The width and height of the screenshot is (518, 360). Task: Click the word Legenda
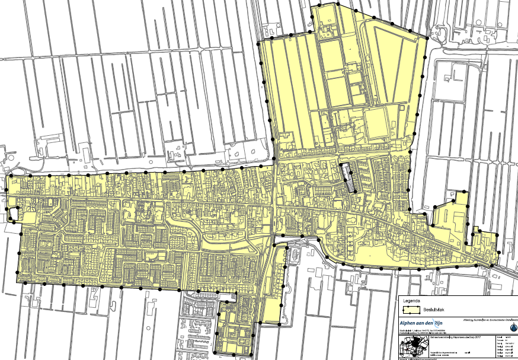[411, 300]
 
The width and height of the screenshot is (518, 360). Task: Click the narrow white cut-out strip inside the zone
[349, 178]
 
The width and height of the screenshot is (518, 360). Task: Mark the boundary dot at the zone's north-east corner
[427, 37]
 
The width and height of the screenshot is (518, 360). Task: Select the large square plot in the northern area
[376, 125]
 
